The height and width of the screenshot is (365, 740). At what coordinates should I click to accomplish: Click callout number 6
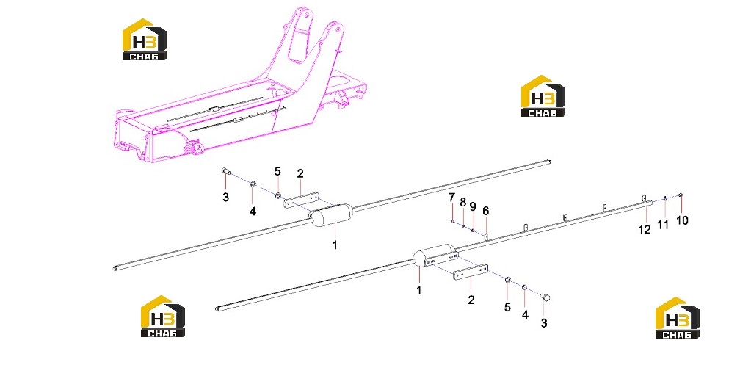tap(486, 212)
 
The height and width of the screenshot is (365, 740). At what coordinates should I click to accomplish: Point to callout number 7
tap(451, 196)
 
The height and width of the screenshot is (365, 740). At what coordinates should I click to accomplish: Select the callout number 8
tap(463, 203)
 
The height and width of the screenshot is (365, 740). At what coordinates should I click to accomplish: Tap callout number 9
tap(473, 207)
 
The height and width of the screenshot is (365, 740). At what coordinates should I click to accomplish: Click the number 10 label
tap(683, 220)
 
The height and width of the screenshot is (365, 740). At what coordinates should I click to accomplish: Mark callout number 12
tap(645, 229)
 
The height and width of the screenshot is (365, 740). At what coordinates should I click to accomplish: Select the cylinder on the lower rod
tap(435, 256)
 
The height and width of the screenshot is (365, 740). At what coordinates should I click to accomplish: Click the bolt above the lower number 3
tap(546, 297)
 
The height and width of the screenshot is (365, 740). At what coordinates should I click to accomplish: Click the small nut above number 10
tap(680, 195)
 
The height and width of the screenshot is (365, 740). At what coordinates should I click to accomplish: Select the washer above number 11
tap(665, 198)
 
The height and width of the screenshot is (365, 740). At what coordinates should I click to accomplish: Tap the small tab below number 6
tap(486, 234)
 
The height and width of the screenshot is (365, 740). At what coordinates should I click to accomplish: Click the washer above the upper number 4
tap(253, 184)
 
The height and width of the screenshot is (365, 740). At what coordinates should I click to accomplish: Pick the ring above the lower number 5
tap(508, 281)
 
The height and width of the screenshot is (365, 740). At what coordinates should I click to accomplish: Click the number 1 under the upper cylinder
tap(335, 245)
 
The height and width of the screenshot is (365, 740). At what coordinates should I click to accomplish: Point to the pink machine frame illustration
tap(241, 90)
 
